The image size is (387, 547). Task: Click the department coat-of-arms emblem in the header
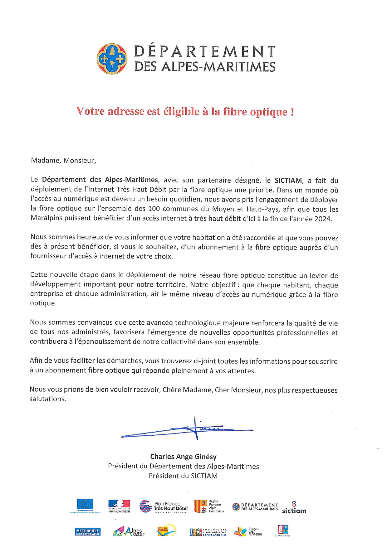point(112,59)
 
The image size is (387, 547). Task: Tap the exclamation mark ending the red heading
point(292,111)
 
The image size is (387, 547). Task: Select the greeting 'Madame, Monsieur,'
point(63,160)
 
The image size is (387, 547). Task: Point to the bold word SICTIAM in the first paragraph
point(288,180)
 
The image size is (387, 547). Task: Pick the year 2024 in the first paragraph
point(322,219)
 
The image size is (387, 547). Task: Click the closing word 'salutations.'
point(48,399)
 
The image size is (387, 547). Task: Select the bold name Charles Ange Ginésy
point(183,457)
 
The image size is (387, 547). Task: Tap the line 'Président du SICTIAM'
point(183,476)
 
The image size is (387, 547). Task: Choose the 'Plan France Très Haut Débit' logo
point(164,506)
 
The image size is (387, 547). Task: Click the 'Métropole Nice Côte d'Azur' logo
point(87,532)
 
